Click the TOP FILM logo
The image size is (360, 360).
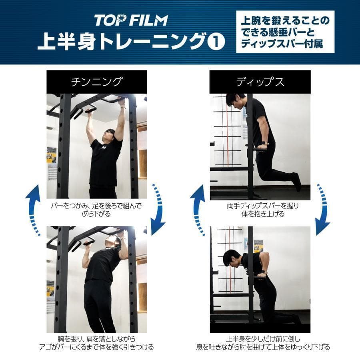[131, 20]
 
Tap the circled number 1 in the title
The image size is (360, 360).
[216, 42]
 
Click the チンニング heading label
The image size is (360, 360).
[96, 82]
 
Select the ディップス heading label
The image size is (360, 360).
[260, 82]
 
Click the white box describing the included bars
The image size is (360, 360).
[285, 32]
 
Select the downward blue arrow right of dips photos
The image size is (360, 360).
[322, 210]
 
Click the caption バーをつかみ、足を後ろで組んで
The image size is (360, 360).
[96, 206]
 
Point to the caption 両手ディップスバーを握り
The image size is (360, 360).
[260, 206]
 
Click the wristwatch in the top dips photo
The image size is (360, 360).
[264, 143]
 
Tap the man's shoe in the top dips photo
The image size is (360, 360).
[296, 182]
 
